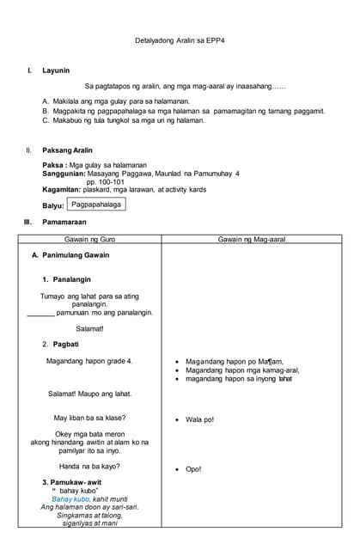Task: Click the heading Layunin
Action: tap(56, 70)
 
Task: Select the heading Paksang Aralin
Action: tap(67, 150)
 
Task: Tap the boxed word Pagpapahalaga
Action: tap(96, 205)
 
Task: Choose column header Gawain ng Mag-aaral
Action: tap(251, 239)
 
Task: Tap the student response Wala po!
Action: tap(199, 420)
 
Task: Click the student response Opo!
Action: tap(193, 469)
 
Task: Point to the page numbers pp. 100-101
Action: tap(106, 182)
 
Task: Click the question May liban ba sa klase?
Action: tap(89, 418)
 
